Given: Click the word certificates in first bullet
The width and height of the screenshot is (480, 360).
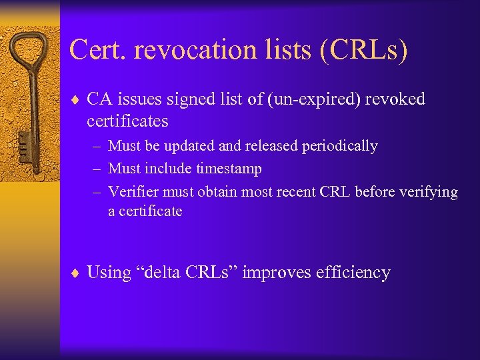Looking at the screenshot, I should tap(127, 121).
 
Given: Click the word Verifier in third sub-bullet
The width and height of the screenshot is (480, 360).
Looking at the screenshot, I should tap(131, 192).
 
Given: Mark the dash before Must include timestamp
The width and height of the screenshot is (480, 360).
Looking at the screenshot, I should tap(97, 169).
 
